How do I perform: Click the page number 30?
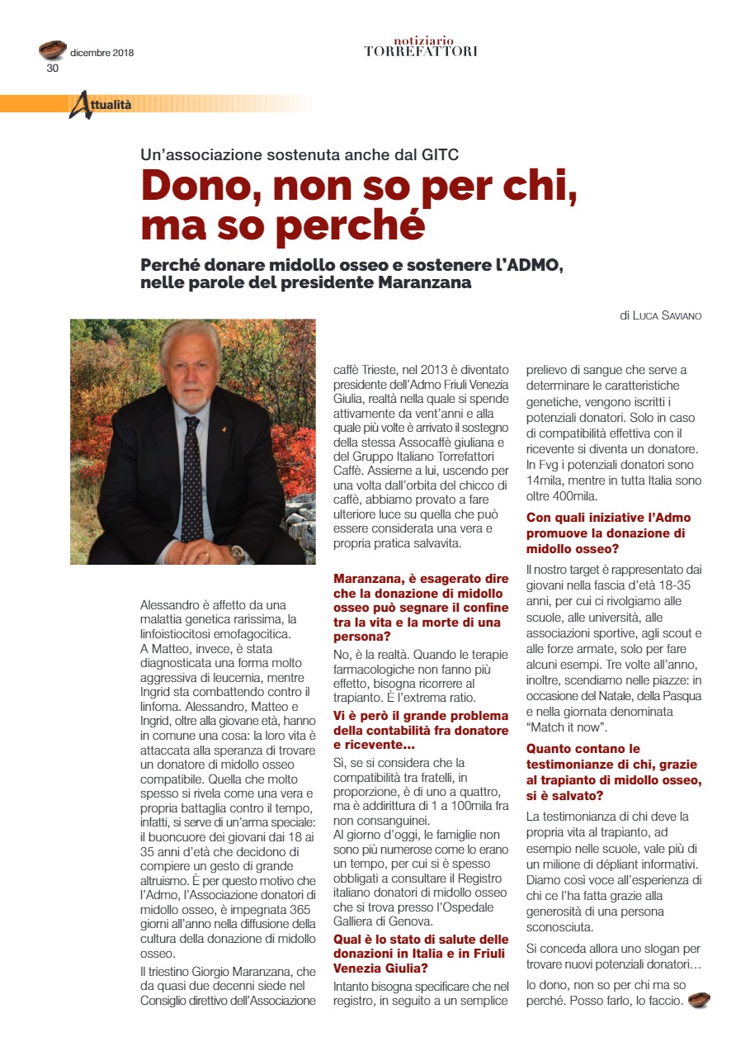(x=52, y=69)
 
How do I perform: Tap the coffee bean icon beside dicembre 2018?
(x=53, y=50)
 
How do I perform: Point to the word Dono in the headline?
(x=196, y=187)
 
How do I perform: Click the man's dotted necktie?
(x=192, y=479)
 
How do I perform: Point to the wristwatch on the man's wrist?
(x=238, y=553)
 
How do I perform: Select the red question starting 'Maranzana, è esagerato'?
(x=421, y=608)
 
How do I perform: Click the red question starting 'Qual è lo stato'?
(x=421, y=953)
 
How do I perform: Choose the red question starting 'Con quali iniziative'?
(x=608, y=533)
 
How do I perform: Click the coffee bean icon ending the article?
(x=698, y=1001)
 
